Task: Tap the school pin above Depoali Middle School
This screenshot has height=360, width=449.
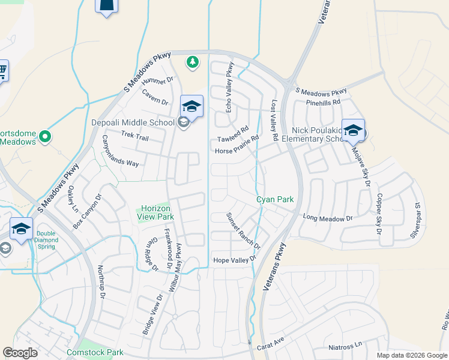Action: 191,107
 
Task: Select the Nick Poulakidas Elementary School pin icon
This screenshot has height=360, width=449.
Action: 353,131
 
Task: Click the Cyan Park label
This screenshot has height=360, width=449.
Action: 275,199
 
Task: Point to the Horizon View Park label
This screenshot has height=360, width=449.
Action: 156,212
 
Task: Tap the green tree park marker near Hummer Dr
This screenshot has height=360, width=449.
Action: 192,62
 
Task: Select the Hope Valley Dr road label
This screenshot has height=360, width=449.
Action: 235,260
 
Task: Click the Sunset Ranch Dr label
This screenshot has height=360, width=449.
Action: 243,231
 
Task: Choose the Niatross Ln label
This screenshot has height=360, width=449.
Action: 346,347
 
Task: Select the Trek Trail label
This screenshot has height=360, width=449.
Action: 134,137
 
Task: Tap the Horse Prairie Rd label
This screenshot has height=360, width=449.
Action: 237,144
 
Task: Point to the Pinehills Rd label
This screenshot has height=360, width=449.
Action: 322,102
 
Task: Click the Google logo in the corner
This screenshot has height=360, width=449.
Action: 20,353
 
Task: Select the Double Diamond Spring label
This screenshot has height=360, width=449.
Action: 46,240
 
